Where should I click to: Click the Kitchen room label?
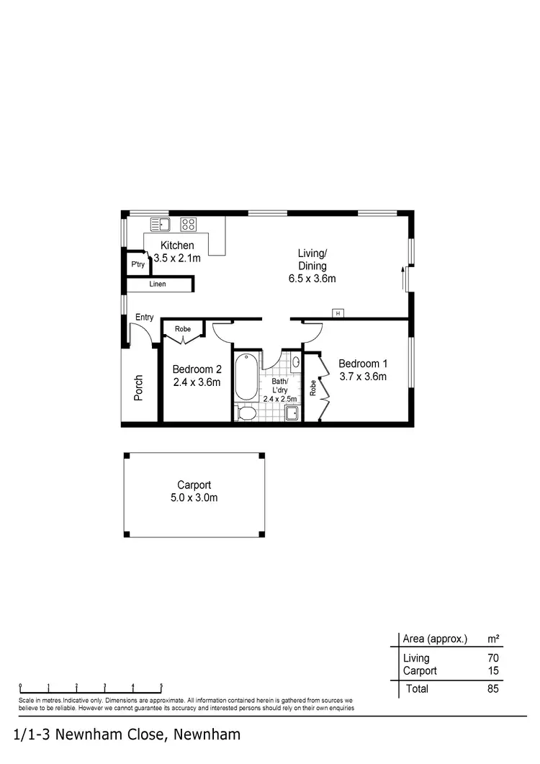tap(177, 246)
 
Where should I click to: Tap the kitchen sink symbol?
tap(158, 224)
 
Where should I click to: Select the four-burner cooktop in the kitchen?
tap(189, 224)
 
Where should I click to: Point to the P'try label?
tap(138, 265)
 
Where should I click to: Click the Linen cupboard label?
tap(158, 284)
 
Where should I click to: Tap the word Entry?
tap(145, 318)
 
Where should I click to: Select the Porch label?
tap(139, 387)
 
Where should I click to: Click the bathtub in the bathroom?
tap(246, 377)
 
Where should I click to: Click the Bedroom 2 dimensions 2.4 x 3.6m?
tap(197, 382)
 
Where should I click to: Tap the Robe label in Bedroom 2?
tap(184, 329)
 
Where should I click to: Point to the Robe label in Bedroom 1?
tap(313, 388)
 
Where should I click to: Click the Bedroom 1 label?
tap(363, 363)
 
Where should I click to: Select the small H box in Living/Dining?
tap(336, 313)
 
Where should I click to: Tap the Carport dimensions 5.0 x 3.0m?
tap(194, 498)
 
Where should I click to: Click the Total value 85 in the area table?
tap(492, 688)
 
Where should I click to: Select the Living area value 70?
tap(492, 658)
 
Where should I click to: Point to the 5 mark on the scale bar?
tap(161, 686)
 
